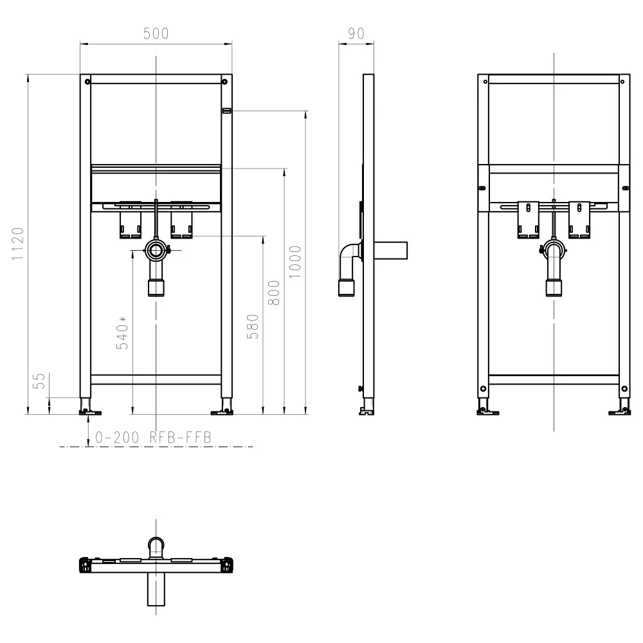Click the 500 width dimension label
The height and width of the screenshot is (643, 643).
156,33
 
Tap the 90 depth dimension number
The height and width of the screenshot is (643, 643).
356,33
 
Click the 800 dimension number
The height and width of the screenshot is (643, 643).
274,293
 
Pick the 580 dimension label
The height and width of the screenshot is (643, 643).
253,326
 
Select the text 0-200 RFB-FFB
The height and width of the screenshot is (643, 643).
153,437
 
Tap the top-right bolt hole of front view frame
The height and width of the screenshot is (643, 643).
225,81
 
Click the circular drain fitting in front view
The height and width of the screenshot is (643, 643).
155,249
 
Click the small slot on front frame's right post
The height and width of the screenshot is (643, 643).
226,111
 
